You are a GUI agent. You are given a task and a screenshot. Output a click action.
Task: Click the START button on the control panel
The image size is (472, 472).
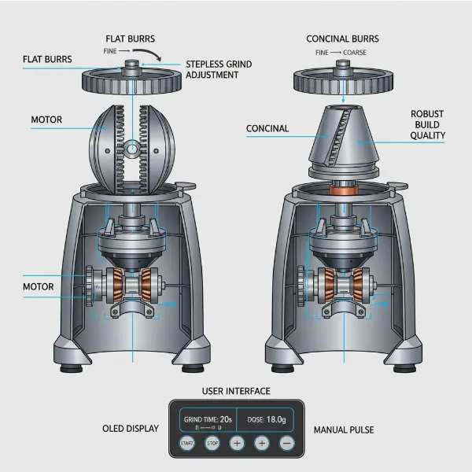[186, 443]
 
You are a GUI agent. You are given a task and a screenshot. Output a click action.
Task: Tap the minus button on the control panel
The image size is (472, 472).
[287, 443]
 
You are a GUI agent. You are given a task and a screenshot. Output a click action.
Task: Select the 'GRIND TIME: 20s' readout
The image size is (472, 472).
[206, 419]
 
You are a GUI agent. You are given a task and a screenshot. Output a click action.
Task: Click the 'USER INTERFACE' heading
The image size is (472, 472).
[236, 391]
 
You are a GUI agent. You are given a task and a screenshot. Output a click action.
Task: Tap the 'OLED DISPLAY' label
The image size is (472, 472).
[131, 429]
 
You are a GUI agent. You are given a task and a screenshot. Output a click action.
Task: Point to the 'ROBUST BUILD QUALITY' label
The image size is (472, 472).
[427, 124]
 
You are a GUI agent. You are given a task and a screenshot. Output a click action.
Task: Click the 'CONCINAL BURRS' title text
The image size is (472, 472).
[342, 39]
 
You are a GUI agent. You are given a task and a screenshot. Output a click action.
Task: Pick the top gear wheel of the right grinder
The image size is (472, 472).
[342, 80]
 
